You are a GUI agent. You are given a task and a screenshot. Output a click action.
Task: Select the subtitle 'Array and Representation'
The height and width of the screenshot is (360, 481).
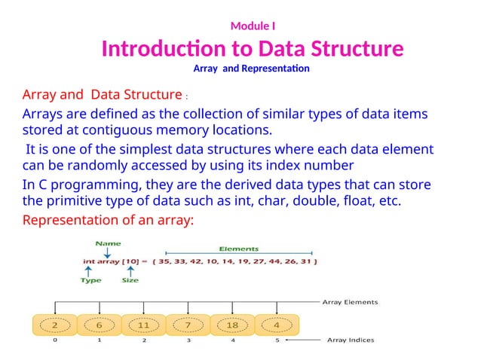251,69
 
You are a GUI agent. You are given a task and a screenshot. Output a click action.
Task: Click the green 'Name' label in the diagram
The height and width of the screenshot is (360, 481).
109,244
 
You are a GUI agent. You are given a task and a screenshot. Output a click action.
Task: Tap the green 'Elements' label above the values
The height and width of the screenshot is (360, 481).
239,249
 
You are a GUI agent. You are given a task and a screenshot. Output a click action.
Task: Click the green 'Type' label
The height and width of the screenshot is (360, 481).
91,280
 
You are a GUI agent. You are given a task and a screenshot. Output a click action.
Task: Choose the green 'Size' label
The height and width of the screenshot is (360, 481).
130,280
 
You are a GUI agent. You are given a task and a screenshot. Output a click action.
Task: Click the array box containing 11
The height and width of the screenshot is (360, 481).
143,325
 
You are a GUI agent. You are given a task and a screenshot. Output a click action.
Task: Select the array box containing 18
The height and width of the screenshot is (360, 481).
232,325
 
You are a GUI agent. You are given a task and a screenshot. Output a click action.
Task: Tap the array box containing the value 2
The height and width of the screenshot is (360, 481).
54,325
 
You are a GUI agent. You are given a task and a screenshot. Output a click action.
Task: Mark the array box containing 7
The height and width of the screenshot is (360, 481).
188,325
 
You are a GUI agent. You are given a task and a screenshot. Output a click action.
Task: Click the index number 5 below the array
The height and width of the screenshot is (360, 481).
277,340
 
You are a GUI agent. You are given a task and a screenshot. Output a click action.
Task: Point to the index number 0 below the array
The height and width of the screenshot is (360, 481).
54,340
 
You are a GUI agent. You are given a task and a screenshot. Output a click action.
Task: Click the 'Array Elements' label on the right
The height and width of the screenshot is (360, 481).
351,302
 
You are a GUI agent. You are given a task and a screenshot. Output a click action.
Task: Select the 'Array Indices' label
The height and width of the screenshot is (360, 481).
350,340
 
